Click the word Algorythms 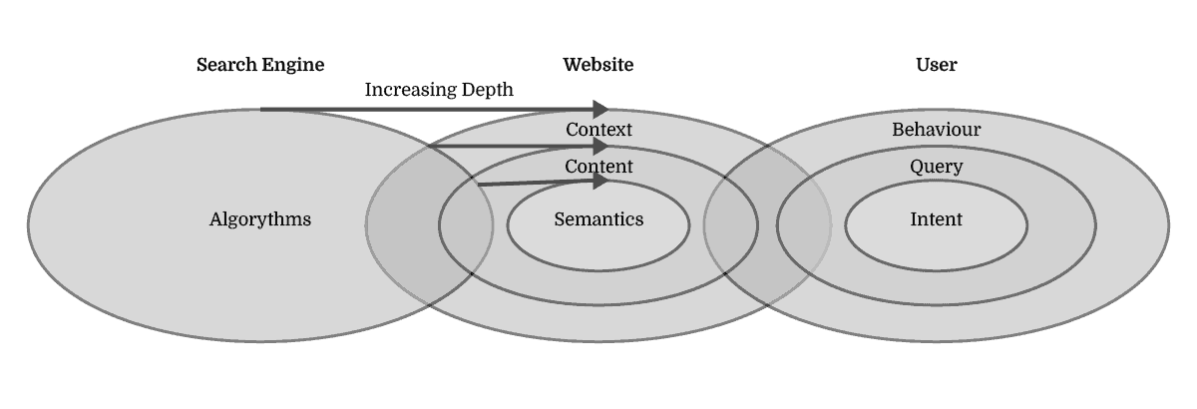click(260, 219)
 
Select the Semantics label click(598, 219)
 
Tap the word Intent click(936, 219)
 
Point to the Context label click(598, 130)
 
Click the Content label click(598, 167)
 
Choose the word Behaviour click(936, 130)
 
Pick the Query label click(936, 167)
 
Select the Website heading click(598, 66)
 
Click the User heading click(936, 66)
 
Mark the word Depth click(488, 90)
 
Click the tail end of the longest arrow click(262, 109)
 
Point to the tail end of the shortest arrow click(480, 185)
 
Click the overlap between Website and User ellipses click(767, 224)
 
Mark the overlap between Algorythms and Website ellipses click(429, 224)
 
